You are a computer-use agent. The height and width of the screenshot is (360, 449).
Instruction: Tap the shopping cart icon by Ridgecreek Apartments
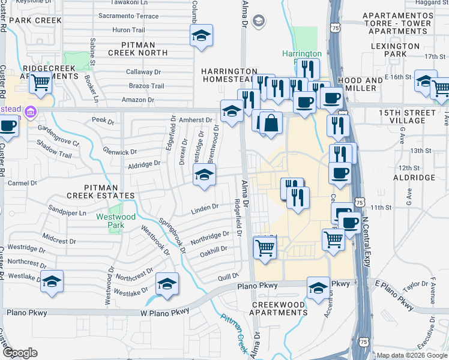point(41,83)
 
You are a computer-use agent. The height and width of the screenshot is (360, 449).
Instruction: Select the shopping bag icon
point(271,123)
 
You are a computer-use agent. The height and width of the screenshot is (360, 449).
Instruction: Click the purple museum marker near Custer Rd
point(30,111)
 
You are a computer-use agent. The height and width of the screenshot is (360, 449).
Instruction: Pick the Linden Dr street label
point(205,208)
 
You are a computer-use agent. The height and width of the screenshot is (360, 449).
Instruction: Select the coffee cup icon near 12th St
point(340,174)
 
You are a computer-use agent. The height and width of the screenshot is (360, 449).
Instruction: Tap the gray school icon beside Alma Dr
point(259,22)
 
